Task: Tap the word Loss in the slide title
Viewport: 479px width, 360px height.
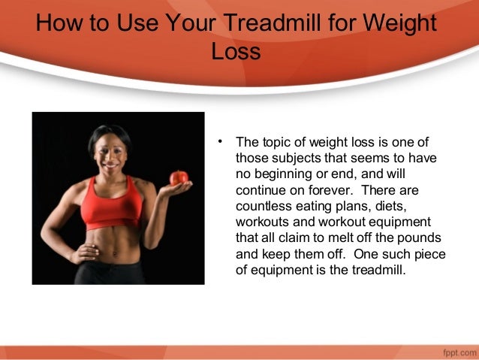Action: (x=236, y=52)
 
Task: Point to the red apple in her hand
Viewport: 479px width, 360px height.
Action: (x=179, y=178)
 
